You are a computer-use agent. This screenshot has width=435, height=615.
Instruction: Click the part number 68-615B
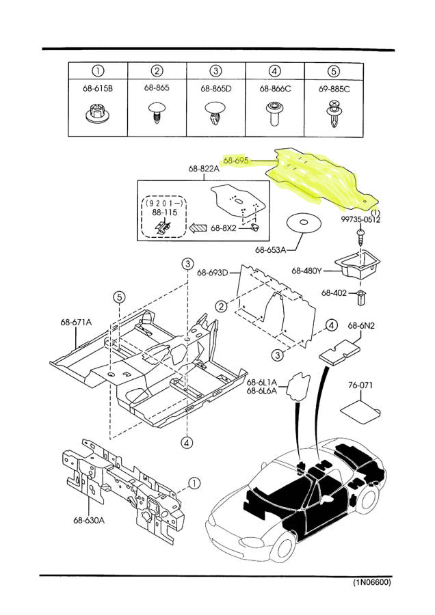pyautogui.click(x=97, y=88)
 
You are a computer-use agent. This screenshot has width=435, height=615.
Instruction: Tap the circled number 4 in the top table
pyautogui.click(x=275, y=71)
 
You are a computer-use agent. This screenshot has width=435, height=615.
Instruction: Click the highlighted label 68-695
pyautogui.click(x=236, y=161)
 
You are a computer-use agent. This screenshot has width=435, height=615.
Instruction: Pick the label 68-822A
pyautogui.click(x=204, y=169)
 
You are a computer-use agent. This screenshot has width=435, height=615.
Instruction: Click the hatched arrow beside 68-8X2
pyautogui.click(x=198, y=228)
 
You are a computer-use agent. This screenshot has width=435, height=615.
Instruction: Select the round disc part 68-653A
pyautogui.click(x=304, y=223)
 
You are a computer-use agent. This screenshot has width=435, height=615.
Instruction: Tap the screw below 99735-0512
pyautogui.click(x=360, y=236)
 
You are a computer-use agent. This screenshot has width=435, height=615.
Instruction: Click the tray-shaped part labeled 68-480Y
pyautogui.click(x=357, y=264)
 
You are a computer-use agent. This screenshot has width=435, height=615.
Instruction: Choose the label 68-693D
pyautogui.click(x=213, y=272)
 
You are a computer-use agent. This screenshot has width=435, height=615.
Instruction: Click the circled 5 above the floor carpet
pyautogui.click(x=119, y=297)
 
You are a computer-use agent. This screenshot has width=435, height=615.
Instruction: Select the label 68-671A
pyautogui.click(x=76, y=322)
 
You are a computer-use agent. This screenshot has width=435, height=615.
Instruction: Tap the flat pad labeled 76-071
pyautogui.click(x=360, y=412)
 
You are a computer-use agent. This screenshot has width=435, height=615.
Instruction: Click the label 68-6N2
pyautogui.click(x=361, y=325)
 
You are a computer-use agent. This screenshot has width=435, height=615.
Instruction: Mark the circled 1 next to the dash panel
pyautogui.click(x=194, y=483)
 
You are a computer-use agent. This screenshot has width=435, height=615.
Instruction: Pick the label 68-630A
pyautogui.click(x=89, y=521)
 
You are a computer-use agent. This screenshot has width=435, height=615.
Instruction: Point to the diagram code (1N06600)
pyautogui.click(x=371, y=582)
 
